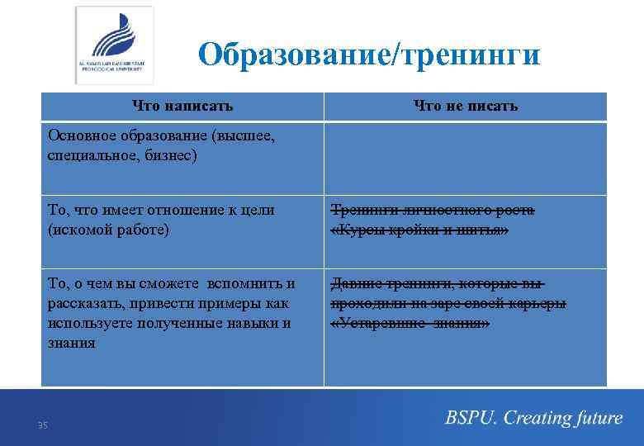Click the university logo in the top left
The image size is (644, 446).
coord(115,45)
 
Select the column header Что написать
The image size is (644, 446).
coord(182,106)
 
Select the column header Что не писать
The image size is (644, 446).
coord(465,106)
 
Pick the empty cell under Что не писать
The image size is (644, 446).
coord(465,158)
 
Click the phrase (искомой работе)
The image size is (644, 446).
coord(109,230)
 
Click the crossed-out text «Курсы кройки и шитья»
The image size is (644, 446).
coord(419,230)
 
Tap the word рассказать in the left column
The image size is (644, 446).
coord(85,304)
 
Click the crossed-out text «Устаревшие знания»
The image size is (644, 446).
coord(410,323)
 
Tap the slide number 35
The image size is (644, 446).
coord(43,425)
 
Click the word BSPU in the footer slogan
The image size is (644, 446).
coord(469,418)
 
